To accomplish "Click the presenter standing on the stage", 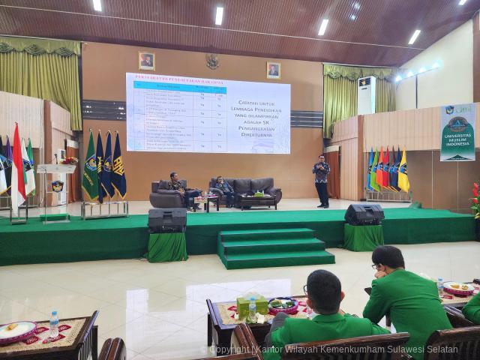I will tap(322, 180).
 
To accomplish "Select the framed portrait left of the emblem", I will tap(146, 61).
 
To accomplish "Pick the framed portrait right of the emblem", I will tap(273, 70).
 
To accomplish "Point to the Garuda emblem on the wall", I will tap(212, 61).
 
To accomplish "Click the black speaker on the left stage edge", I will tap(167, 220).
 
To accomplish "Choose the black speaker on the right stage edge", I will tap(364, 214).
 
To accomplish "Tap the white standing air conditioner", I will tap(366, 94).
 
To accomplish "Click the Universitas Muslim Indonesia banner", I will tap(457, 132).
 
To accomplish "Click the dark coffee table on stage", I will tap(257, 201).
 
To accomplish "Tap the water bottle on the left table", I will tap(54, 325).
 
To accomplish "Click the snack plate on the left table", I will tap(16, 330).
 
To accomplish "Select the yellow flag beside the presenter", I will tap(403, 172).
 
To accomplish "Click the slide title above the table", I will tap(176, 77).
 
